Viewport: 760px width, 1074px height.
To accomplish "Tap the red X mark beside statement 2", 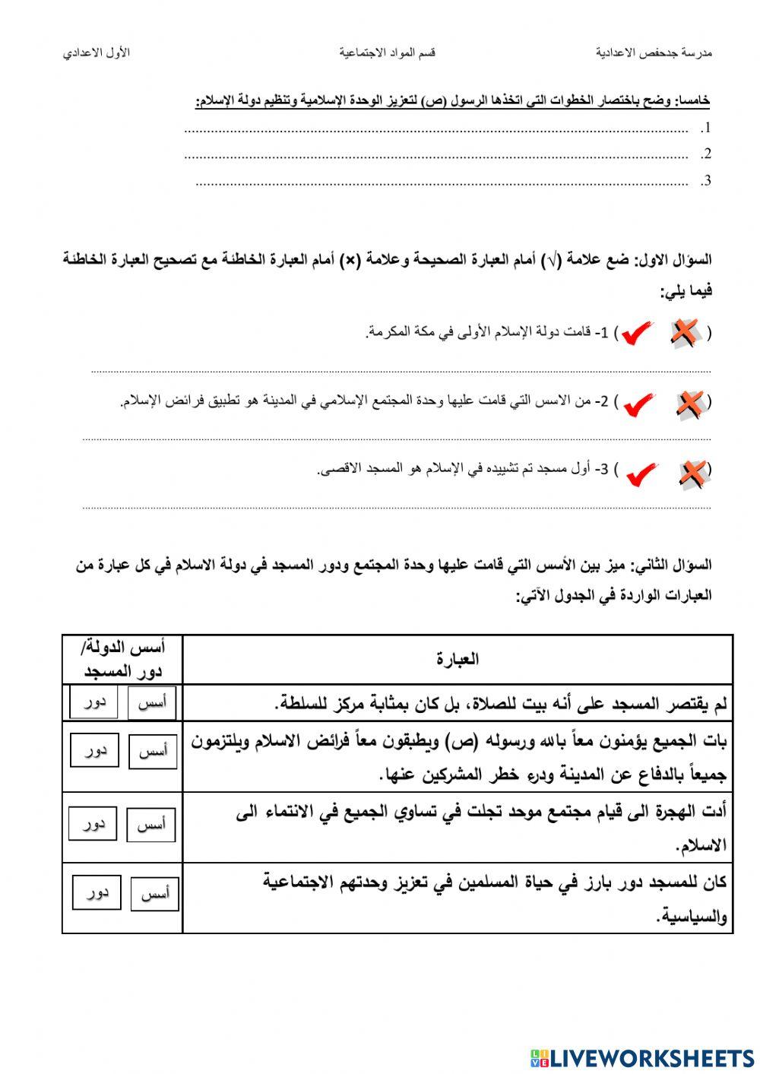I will pyautogui.click(x=689, y=403).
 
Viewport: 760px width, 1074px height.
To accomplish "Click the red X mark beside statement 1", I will pyautogui.click(x=684, y=333).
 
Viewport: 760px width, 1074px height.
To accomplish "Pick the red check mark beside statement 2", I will pyautogui.click(x=639, y=403).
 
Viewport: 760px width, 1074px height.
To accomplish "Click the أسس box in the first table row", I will pyautogui.click(x=152, y=703).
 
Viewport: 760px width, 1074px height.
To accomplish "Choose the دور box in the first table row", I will pyautogui.click(x=94, y=702).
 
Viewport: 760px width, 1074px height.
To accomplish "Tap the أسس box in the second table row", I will pyautogui.click(x=154, y=751).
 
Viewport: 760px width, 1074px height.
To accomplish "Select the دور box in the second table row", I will pyautogui.click(x=95, y=750).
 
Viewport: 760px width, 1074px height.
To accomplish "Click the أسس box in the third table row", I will pyautogui.click(x=151, y=825).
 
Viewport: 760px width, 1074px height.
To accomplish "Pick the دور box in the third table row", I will pyautogui.click(x=93, y=824).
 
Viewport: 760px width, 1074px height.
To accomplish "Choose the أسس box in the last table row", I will pyautogui.click(x=155, y=894).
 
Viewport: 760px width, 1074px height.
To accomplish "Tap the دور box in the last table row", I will pyautogui.click(x=97, y=892).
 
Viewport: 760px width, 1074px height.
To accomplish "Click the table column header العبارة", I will pyautogui.click(x=458, y=659).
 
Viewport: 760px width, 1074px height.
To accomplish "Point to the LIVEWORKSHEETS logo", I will pyautogui.click(x=642, y=1057).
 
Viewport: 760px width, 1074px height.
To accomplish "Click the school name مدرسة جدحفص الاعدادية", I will pyautogui.click(x=654, y=52).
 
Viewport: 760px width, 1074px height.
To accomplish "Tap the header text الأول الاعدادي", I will pyautogui.click(x=97, y=52).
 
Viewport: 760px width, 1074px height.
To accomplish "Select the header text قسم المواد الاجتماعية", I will pyautogui.click(x=388, y=52).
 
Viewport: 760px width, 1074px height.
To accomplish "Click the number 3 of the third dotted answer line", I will pyautogui.click(x=707, y=180).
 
